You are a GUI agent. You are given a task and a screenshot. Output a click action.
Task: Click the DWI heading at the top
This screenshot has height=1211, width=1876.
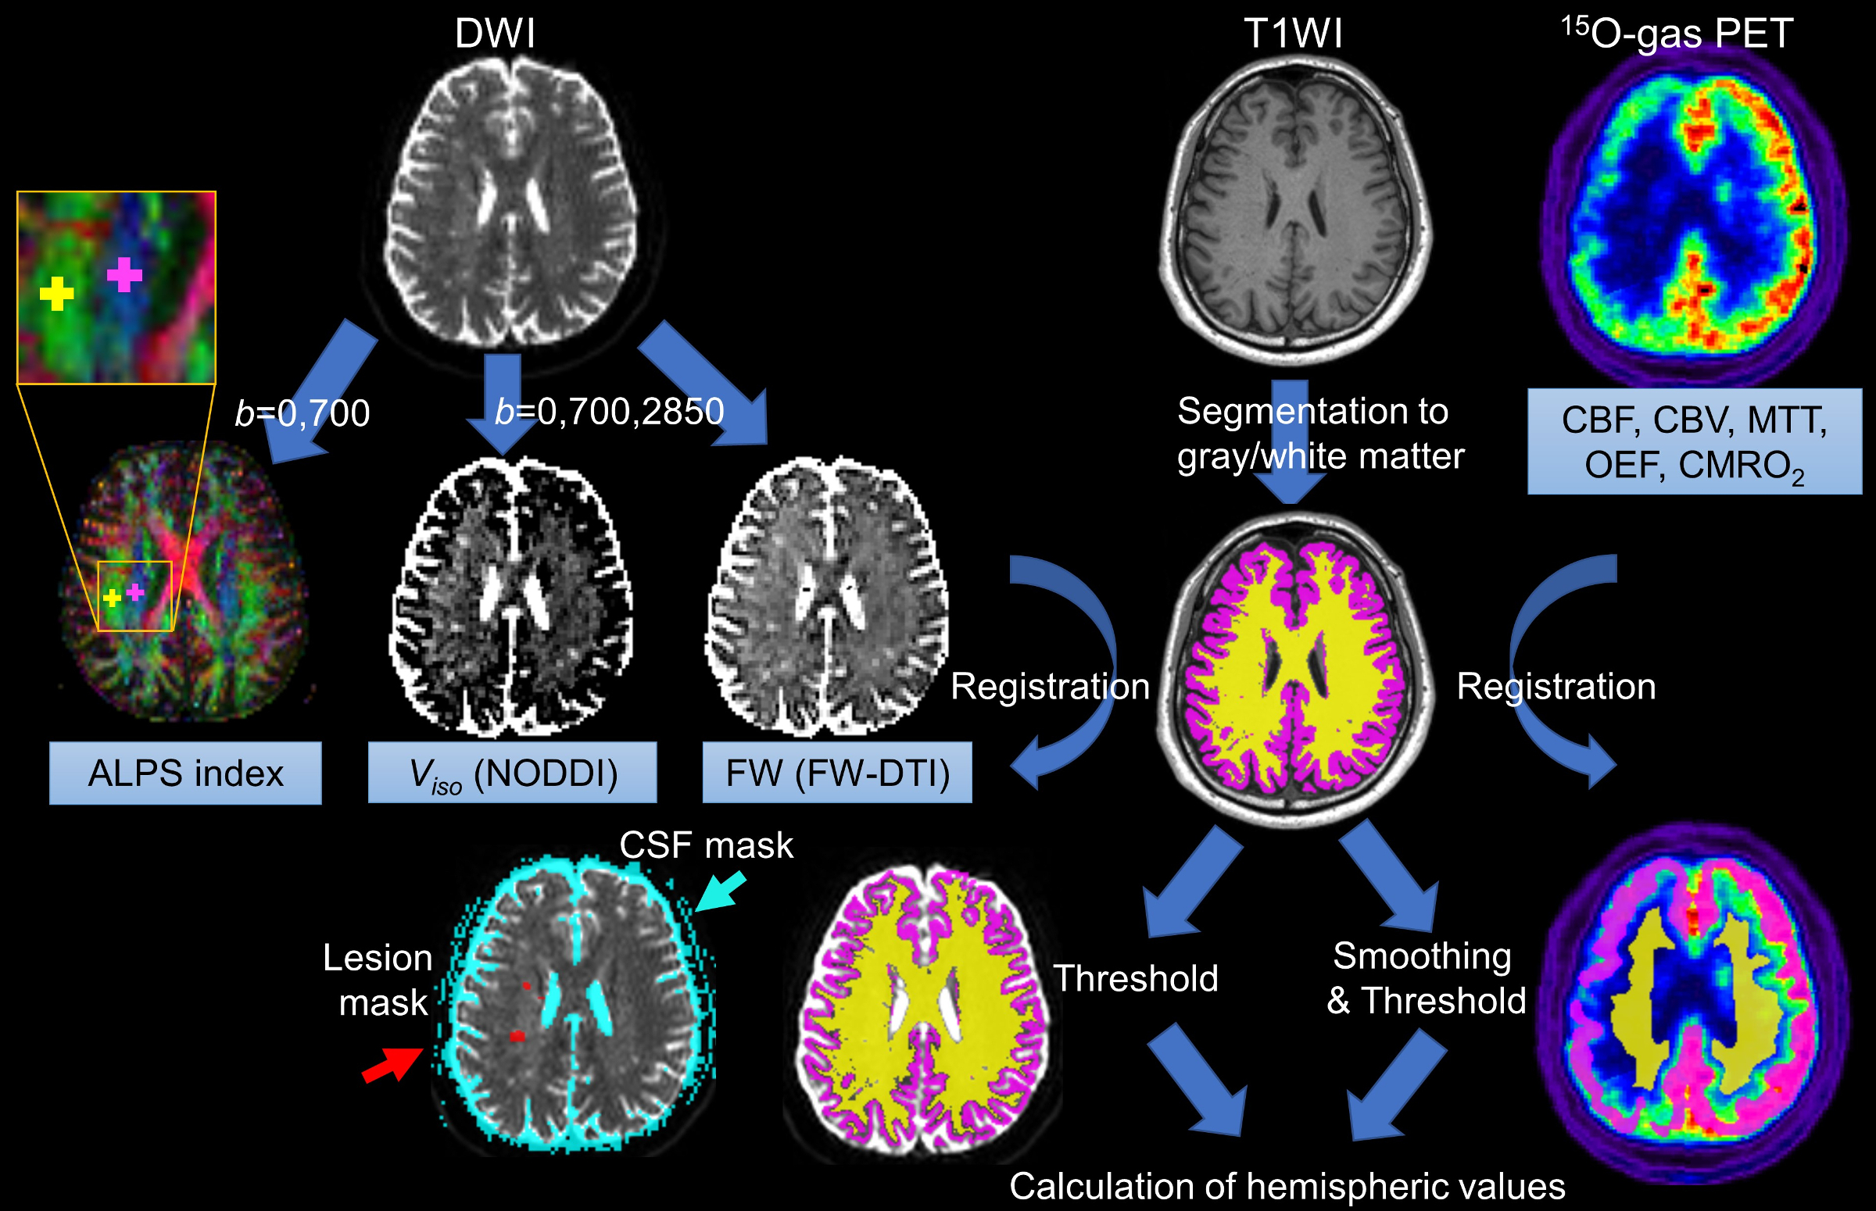point(495,34)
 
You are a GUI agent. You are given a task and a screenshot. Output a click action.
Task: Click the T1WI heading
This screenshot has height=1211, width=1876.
point(1292,34)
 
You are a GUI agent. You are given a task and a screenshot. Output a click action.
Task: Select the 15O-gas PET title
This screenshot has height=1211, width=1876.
point(1677,33)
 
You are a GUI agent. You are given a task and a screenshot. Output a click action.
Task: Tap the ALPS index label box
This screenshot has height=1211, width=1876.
point(185,773)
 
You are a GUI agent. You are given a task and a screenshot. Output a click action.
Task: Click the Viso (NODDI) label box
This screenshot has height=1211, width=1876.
point(512,773)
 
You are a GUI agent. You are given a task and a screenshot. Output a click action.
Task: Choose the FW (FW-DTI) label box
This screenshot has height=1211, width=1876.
point(837,773)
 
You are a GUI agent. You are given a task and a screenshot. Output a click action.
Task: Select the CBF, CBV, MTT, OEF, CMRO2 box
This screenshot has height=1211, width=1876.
point(1695,442)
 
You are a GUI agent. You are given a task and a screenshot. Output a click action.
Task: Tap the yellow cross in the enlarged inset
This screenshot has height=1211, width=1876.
point(56,294)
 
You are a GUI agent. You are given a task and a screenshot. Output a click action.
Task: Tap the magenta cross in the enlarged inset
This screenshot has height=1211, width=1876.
point(124,274)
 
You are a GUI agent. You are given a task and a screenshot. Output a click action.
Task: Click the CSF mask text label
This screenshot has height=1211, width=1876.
point(706,845)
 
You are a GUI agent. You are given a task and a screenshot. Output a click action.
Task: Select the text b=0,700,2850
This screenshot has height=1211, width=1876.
point(610,411)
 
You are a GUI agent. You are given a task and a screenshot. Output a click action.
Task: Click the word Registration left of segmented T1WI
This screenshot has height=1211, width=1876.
point(1050,687)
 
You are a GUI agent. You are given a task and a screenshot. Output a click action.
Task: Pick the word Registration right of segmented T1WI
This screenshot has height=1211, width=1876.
point(1556,687)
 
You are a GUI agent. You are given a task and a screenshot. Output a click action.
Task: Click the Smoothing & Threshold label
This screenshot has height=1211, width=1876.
point(1425,978)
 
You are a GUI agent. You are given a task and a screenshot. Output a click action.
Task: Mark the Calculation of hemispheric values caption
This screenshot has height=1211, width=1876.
point(1287,1186)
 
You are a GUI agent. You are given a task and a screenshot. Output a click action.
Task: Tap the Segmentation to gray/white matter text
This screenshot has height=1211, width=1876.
point(1320,434)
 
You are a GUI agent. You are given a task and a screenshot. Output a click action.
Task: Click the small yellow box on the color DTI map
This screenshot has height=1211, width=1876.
point(134,596)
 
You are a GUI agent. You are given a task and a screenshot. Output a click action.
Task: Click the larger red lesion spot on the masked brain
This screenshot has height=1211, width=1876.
point(517,1037)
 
